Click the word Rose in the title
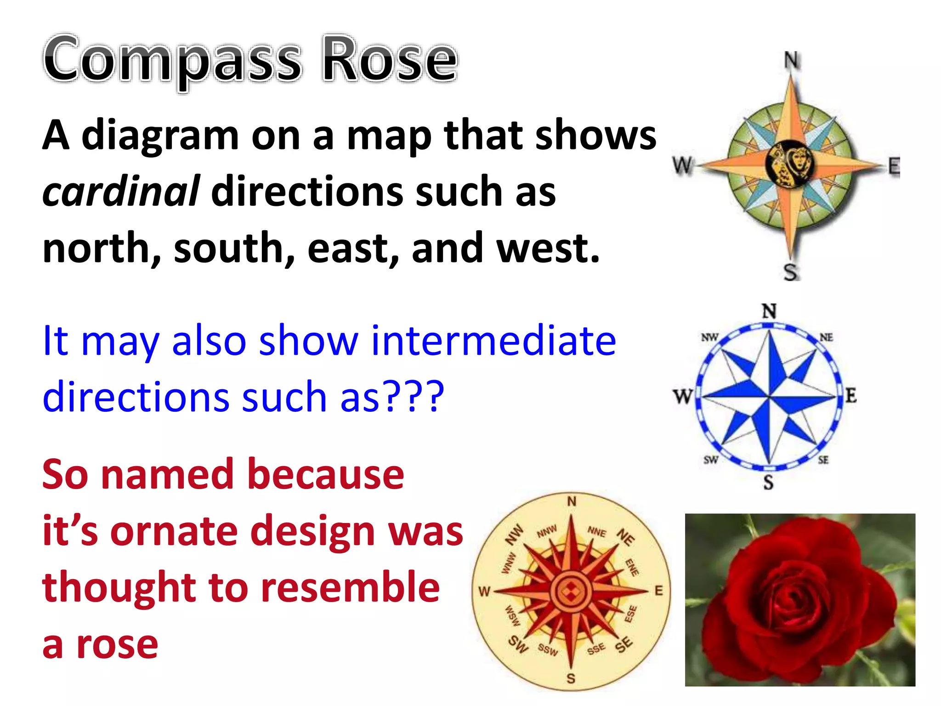pos(389,60)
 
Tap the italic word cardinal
pos(121,191)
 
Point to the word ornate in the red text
pos(173,531)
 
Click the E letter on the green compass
pos(893,166)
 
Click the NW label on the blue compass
pos(709,337)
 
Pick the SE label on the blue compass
pos(823,460)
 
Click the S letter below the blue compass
pos(769,483)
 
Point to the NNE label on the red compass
pos(597,532)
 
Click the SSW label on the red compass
pos(548,650)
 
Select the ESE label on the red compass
pos(630,614)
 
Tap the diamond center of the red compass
pos(570,591)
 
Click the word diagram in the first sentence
pos(160,136)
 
